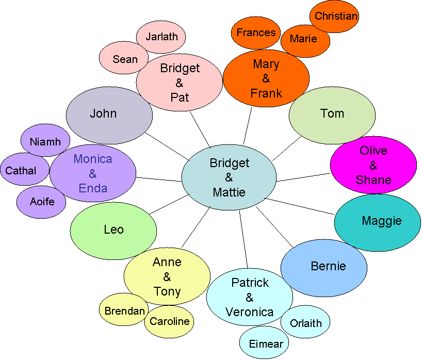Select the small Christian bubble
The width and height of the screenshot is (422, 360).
click(x=334, y=16)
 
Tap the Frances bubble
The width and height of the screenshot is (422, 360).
click(x=256, y=32)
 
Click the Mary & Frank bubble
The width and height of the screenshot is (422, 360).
click(x=266, y=78)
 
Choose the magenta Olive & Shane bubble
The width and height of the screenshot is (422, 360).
click(x=374, y=165)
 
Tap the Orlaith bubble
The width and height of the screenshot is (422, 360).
click(x=305, y=323)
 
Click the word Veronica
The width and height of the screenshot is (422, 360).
click(x=249, y=312)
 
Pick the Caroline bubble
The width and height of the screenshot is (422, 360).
click(x=169, y=322)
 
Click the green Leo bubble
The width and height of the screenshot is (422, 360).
click(x=113, y=230)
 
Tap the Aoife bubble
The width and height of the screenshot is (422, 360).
click(x=41, y=202)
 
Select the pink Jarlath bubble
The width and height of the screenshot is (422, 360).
click(x=161, y=37)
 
